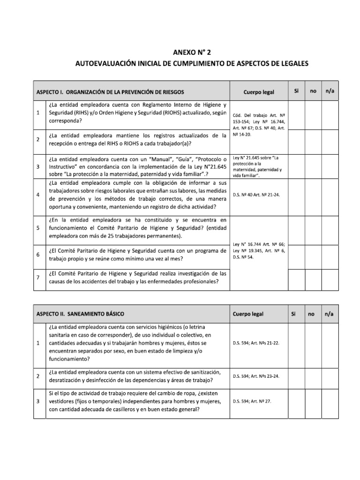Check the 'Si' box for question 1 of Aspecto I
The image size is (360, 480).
coord(296,112)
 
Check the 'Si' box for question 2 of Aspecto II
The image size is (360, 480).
coord(296,376)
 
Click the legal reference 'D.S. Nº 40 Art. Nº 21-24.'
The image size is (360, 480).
coord(256,195)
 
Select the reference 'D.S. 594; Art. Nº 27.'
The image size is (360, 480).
coord(252,401)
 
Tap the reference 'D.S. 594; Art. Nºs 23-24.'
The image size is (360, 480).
coord(256,376)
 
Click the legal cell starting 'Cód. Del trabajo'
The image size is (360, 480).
coord(259,127)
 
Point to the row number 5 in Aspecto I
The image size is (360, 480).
coord(37,228)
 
